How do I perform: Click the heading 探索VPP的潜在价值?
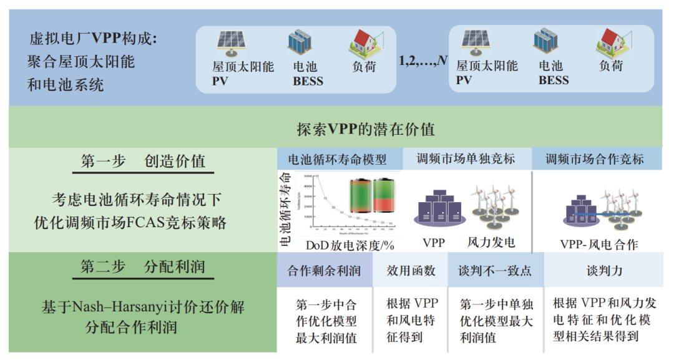(x=366, y=130)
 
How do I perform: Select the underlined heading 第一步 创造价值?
(x=143, y=161)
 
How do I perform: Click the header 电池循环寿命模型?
(x=338, y=159)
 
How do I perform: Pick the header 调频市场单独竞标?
(x=466, y=159)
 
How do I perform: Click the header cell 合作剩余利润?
(x=324, y=271)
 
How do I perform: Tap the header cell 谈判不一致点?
(x=496, y=271)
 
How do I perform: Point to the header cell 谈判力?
(x=604, y=271)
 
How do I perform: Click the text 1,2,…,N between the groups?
(x=422, y=61)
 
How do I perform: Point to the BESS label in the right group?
(x=554, y=80)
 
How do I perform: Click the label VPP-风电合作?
(x=600, y=244)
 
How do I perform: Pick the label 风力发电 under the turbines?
(x=491, y=242)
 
